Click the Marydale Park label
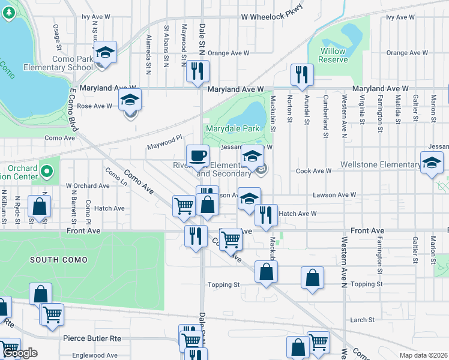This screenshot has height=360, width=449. pyautogui.click(x=232, y=128)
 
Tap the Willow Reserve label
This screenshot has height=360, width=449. pyautogui.click(x=333, y=55)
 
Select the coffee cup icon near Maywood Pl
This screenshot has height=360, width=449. pyautogui.click(x=197, y=156)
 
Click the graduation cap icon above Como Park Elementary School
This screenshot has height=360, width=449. pyautogui.click(x=105, y=52)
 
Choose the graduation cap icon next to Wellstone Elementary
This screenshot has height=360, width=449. pyautogui.click(x=431, y=163)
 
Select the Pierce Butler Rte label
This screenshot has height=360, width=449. pyautogui.click(x=92, y=338)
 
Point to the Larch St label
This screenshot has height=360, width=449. pyautogui.click(x=362, y=320)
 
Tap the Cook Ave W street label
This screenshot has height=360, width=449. pyautogui.click(x=314, y=171)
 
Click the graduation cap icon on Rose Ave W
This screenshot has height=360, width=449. pyautogui.click(x=130, y=101)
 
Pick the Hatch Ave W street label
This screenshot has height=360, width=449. pyautogui.click(x=298, y=214)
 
